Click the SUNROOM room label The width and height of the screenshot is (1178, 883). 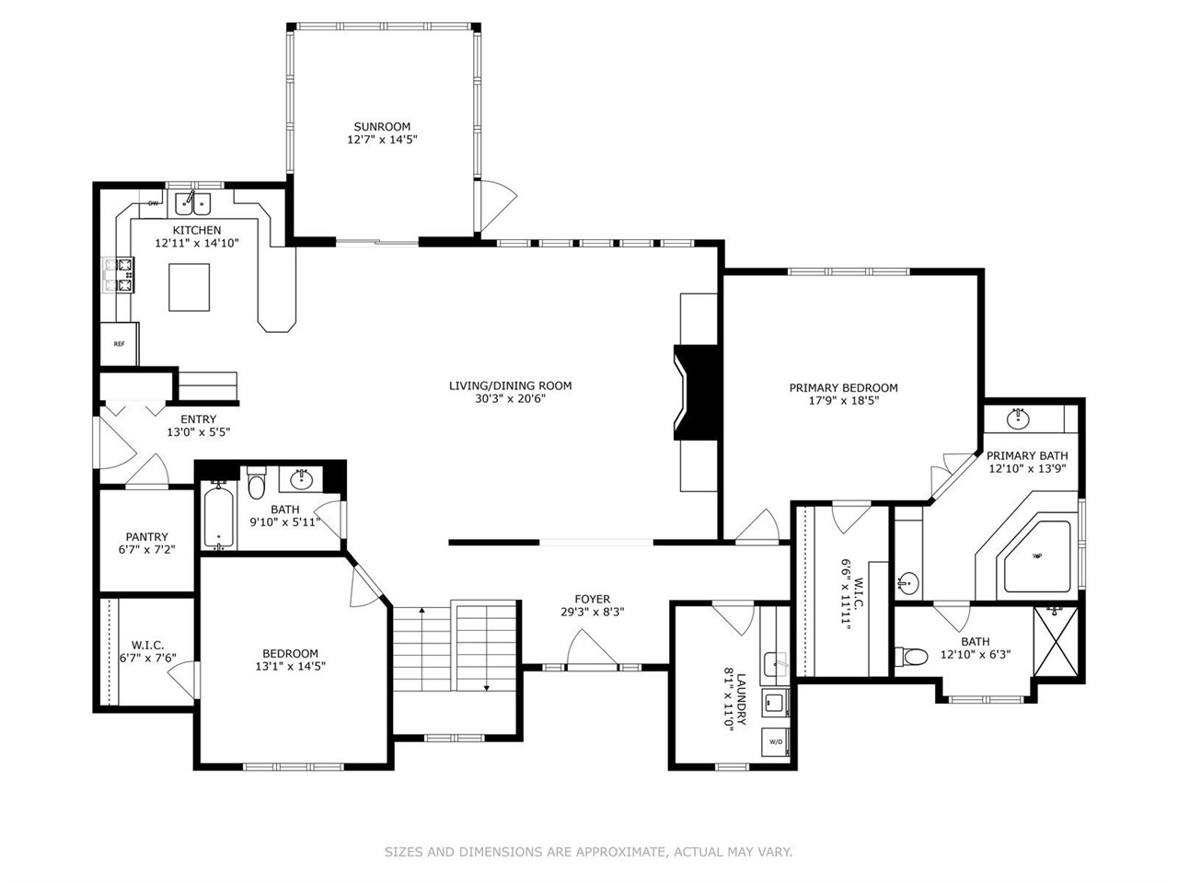382,127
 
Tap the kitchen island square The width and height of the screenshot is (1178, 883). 189,287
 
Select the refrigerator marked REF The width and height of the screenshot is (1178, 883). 120,344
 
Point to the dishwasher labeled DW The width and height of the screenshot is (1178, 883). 153,202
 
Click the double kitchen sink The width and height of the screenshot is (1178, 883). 194,202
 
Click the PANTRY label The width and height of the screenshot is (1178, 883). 146,537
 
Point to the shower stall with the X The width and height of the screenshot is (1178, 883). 1057,640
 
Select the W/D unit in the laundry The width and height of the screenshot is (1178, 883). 775,741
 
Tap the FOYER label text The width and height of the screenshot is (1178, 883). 593,599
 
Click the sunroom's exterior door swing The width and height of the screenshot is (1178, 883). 498,204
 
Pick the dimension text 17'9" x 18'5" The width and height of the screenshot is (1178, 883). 843,401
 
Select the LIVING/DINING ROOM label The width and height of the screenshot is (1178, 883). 510,385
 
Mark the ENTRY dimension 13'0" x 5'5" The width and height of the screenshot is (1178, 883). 198,432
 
